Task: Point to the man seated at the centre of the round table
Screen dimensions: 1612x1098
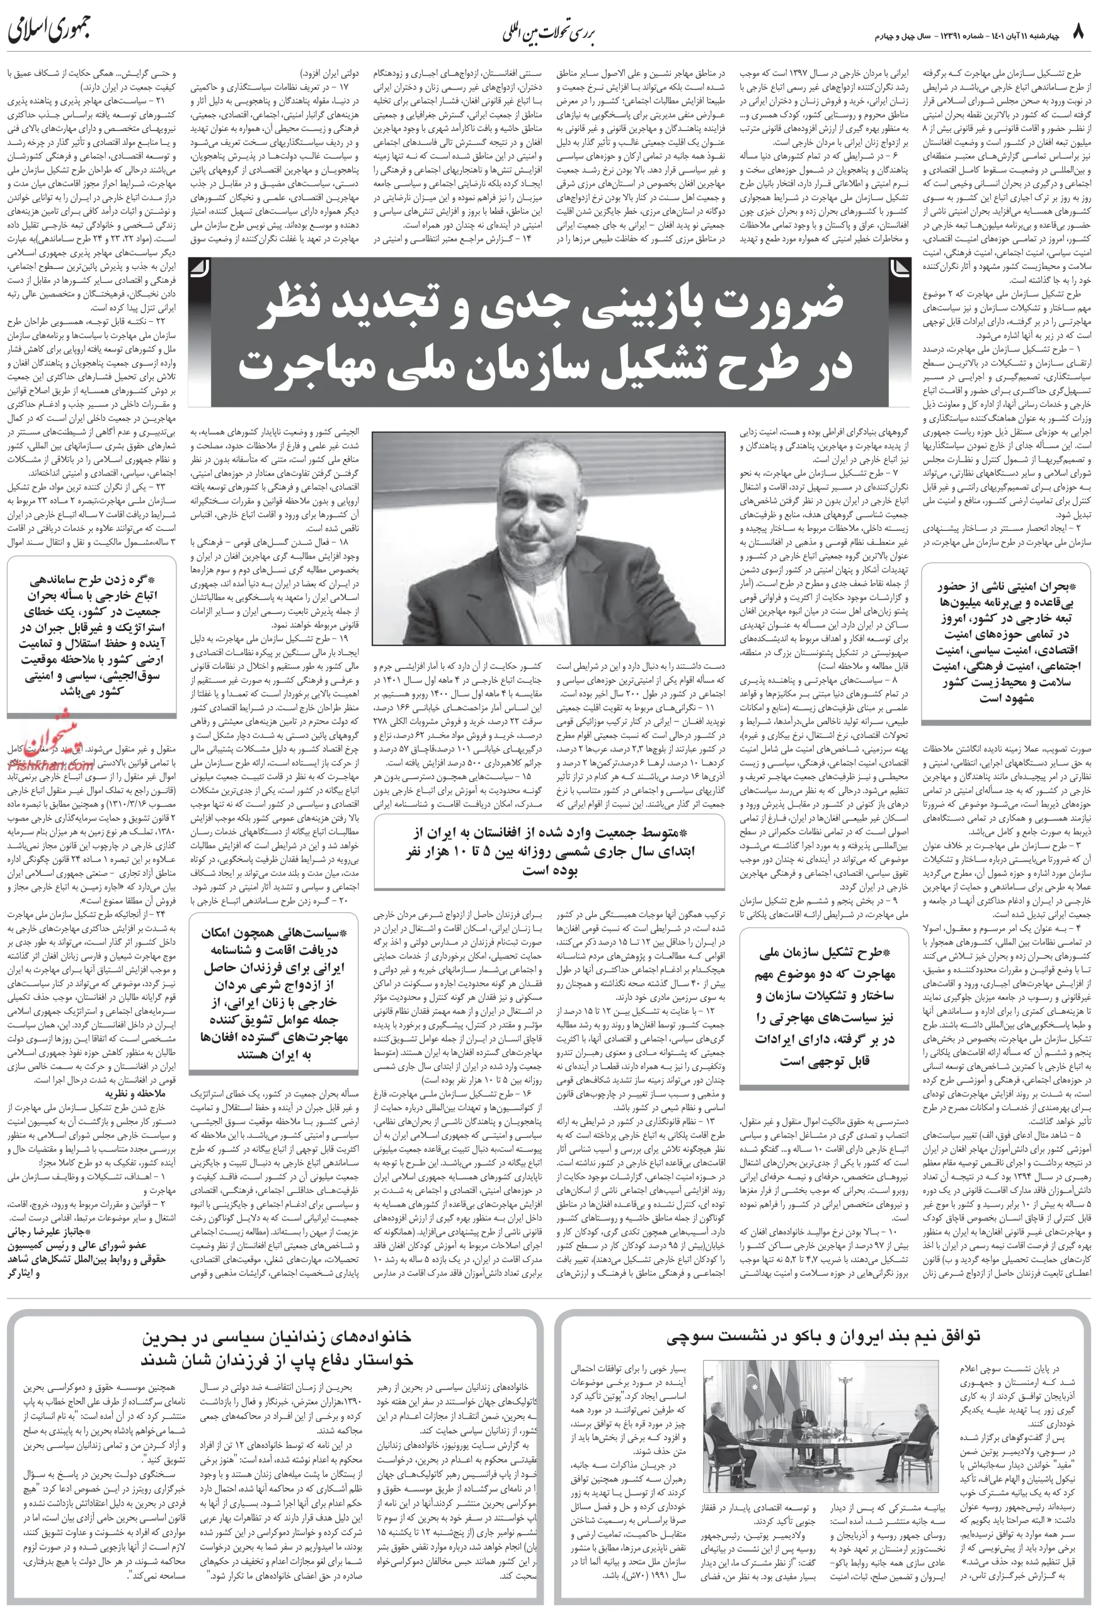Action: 803,1417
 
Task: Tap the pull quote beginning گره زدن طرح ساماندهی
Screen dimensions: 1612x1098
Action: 91,635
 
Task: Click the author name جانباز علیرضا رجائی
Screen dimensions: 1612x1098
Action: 46,1234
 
